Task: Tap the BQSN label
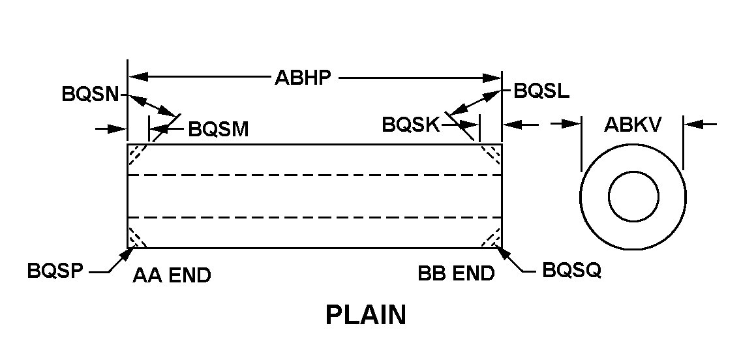point(90,93)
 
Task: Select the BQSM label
point(219,128)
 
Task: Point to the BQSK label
point(412,124)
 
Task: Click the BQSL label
point(541,91)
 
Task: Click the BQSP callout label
point(55,271)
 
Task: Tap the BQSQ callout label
point(571,271)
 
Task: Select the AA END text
point(172,276)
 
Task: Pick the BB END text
point(456,275)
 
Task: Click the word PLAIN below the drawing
point(365,316)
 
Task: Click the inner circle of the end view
point(633,196)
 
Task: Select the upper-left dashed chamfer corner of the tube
point(136,153)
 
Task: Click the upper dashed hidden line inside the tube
point(314,175)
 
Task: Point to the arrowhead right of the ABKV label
point(691,123)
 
